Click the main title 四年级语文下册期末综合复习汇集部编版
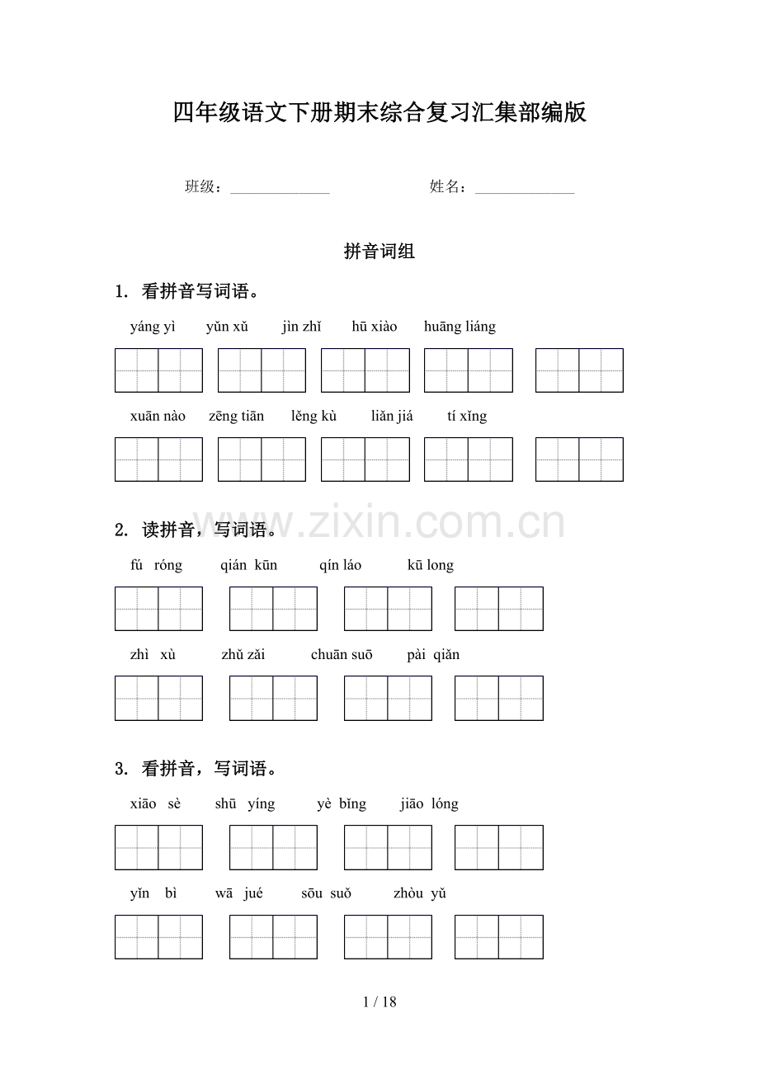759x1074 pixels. [379, 113]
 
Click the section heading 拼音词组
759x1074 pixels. [379, 252]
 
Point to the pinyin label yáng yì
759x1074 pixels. [153, 327]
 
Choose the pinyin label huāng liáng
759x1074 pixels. [460, 327]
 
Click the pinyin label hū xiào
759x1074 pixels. [374, 327]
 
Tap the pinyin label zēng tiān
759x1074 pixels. [236, 416]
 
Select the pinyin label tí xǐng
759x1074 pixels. [467, 416]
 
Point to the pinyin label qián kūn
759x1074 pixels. [248, 565]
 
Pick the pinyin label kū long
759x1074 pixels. [431, 565]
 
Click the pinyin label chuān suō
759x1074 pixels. [342, 655]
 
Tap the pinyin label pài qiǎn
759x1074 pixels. [433, 655]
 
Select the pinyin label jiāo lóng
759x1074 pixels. [429, 804]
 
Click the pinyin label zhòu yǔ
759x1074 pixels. [419, 893]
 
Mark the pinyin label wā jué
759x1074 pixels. [239, 893]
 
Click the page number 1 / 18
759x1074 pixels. [379, 1002]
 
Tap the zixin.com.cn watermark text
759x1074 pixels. [379, 523]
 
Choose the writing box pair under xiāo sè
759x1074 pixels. [158, 847]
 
